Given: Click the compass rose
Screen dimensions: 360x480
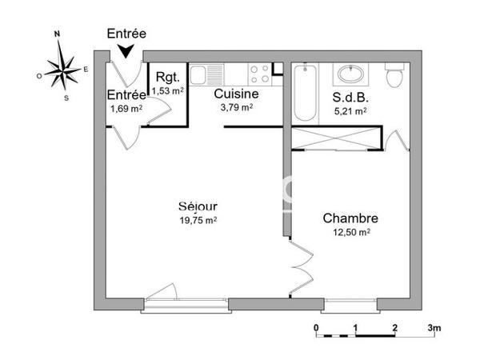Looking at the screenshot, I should (x=60, y=68).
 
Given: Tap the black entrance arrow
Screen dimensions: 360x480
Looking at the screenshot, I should (x=126, y=51).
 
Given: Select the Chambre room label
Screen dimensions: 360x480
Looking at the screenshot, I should (x=350, y=218).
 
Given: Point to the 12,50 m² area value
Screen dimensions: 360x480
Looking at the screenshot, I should (x=351, y=232).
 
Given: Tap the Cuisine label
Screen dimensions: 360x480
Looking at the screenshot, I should (x=235, y=93).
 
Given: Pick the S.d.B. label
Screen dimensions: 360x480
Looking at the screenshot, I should (x=349, y=99).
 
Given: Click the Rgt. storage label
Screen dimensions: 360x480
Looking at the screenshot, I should (x=168, y=78).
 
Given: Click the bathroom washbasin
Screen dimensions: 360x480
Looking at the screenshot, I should (x=350, y=75).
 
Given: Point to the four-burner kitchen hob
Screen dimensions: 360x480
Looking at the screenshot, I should (x=260, y=74).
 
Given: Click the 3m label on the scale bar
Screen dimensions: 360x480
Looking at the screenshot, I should (x=434, y=329).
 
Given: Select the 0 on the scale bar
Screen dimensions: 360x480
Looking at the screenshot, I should (x=317, y=329).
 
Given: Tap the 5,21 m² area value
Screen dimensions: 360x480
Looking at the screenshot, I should (x=350, y=112).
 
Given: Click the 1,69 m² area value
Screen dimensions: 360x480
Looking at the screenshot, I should (x=126, y=108).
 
